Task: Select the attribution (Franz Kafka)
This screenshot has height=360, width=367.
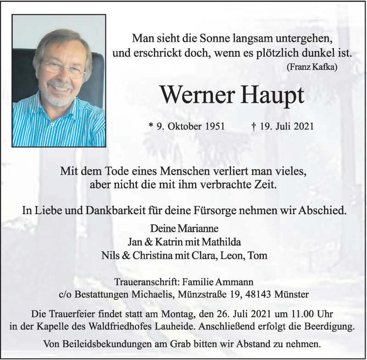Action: click(x=312, y=67)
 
